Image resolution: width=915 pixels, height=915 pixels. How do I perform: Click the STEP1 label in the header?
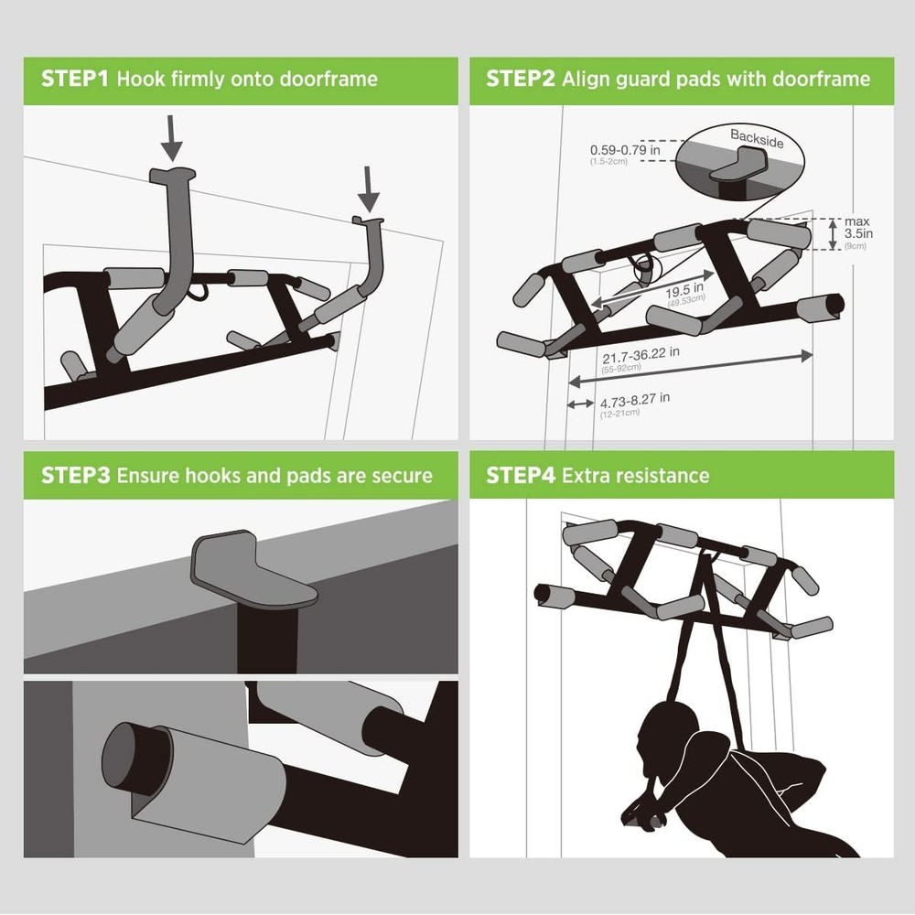pos(74,79)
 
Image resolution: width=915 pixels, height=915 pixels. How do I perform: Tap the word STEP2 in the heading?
pos(520,79)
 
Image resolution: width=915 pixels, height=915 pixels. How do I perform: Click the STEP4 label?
pos(520,476)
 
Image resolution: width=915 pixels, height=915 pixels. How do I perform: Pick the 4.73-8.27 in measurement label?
pos(634,399)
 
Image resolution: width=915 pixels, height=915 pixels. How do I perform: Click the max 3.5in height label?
pos(857,233)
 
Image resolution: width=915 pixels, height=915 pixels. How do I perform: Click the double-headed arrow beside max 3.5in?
pos(832,234)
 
